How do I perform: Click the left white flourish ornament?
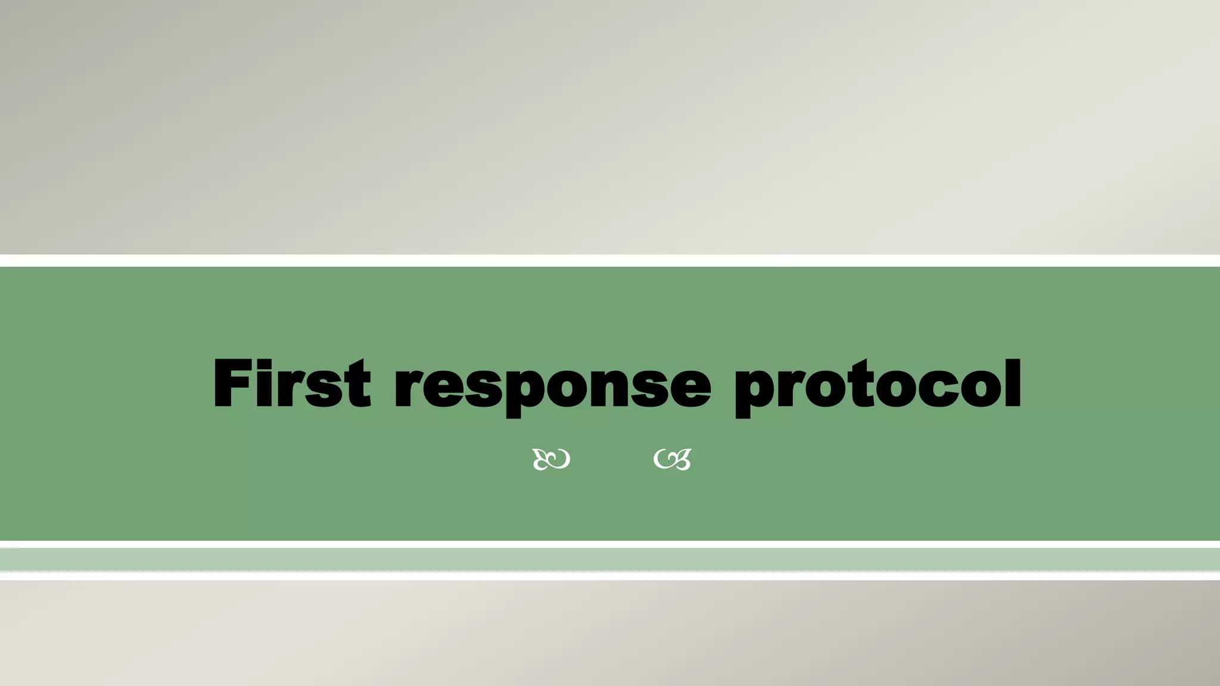point(551,459)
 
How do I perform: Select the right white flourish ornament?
point(673,459)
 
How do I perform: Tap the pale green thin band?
point(610,559)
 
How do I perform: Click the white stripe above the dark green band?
point(610,260)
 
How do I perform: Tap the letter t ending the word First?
point(357,384)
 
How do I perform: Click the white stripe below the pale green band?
point(610,576)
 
